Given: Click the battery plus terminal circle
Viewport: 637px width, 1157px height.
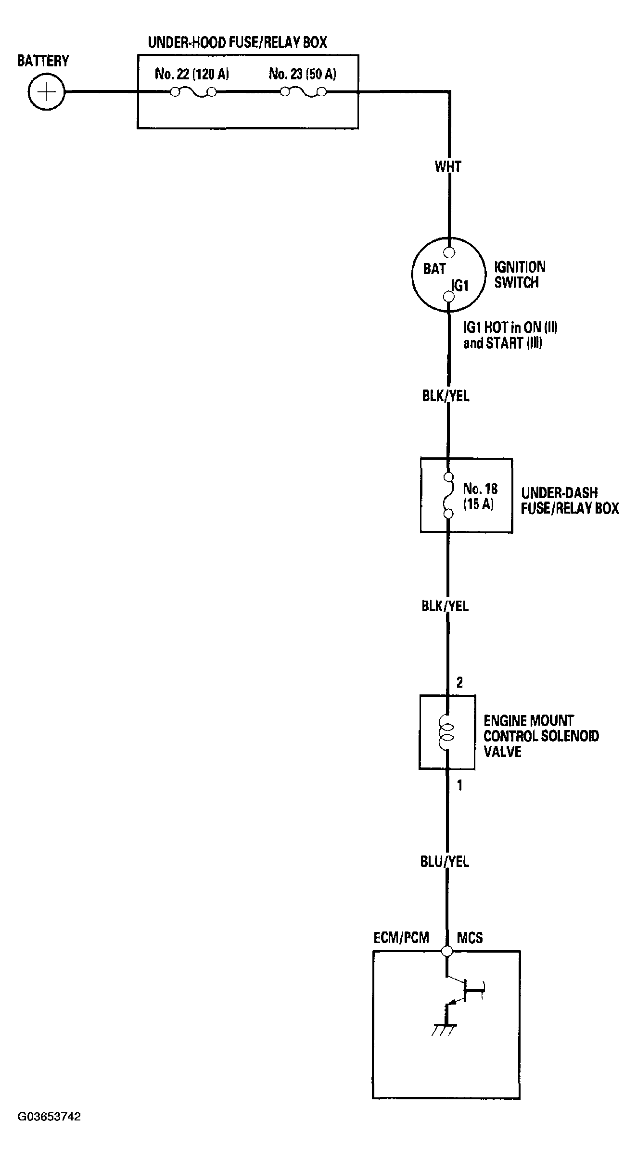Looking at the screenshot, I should click(46, 91).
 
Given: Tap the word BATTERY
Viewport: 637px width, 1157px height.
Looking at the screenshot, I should click(43, 61).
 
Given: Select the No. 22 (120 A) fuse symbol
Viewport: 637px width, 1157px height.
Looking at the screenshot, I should click(193, 92).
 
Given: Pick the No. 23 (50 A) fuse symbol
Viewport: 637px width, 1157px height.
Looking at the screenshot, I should click(303, 92).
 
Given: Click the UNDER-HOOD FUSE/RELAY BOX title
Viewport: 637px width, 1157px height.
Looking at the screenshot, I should click(237, 43).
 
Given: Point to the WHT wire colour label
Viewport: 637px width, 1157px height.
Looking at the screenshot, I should click(448, 167).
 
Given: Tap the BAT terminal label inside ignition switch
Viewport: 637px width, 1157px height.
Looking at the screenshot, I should click(434, 269).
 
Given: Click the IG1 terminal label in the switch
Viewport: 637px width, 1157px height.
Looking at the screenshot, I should click(460, 286).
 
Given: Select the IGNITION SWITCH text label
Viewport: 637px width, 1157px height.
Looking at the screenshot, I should click(520, 275).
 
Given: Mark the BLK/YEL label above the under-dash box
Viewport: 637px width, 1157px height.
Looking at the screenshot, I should click(446, 396).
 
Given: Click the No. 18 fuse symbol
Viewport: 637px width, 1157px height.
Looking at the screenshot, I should click(449, 496).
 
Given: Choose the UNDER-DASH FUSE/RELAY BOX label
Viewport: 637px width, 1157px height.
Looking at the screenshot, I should click(570, 501).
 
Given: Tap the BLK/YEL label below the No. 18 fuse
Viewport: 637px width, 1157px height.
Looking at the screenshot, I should click(445, 606).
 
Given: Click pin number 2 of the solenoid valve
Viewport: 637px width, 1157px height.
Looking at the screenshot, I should click(459, 682).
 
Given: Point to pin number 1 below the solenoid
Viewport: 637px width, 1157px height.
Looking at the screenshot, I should click(459, 785).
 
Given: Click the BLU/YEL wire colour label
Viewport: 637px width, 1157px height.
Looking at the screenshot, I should click(445, 862).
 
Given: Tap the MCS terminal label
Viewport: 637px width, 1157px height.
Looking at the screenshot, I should click(470, 937).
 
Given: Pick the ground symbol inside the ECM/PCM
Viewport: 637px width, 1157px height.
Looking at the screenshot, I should click(444, 1030).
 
